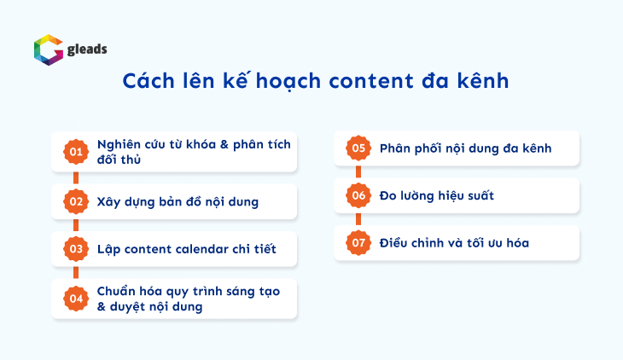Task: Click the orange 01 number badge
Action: point(76,153)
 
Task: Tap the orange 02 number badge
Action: point(76,202)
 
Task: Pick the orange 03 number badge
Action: point(76,250)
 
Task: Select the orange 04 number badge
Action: point(76,299)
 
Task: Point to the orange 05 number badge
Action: point(358,148)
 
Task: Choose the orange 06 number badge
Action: point(358,196)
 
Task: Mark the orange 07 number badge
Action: point(358,243)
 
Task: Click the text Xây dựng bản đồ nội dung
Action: point(178,202)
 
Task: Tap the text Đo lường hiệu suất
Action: point(437,196)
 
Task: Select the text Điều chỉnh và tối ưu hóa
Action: point(454,243)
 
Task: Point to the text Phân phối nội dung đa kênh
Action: point(465,148)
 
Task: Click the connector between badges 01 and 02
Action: point(76,177)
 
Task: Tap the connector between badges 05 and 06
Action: point(358,172)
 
